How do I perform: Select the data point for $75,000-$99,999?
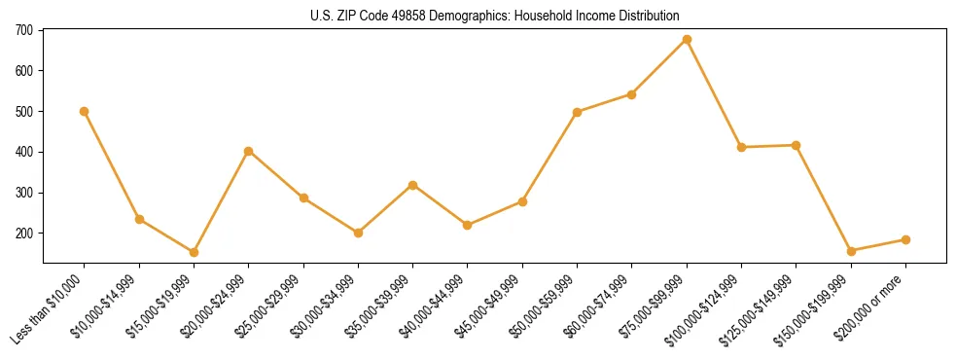[687, 40]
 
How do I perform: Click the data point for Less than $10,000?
[85, 111]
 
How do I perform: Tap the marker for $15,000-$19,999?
[194, 252]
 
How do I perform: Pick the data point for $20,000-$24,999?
[249, 151]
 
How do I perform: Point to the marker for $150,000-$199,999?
[851, 251]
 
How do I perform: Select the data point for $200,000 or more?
[905, 239]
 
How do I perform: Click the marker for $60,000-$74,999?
[632, 94]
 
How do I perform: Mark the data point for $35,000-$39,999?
[413, 185]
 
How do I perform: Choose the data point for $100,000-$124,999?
[741, 147]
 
